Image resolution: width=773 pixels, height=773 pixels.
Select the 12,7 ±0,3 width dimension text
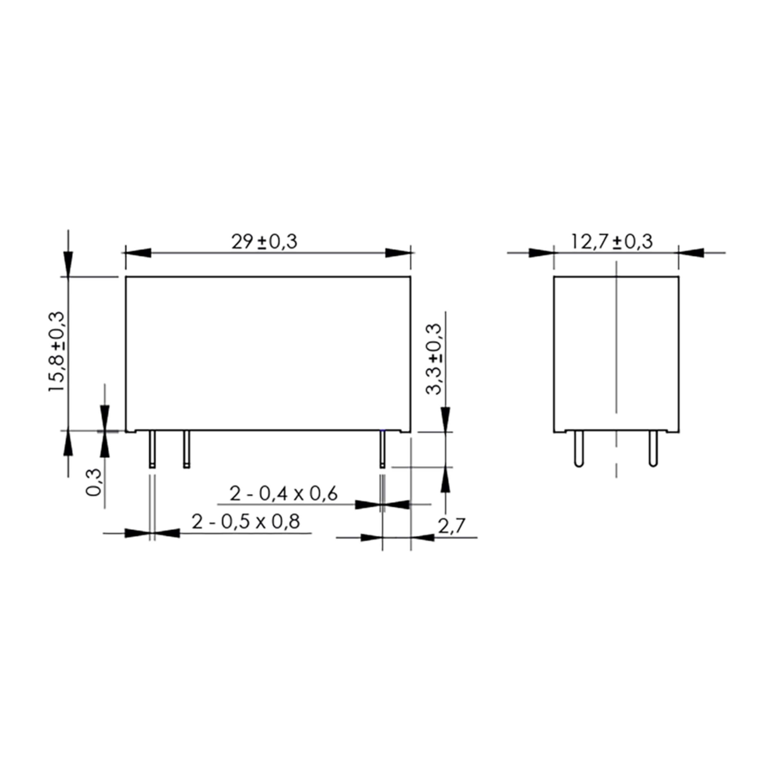[612, 242]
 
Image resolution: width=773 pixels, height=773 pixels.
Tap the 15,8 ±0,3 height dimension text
[56, 352]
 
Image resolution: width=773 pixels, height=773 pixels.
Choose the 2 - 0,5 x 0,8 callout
[246, 522]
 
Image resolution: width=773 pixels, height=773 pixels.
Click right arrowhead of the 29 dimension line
[398, 253]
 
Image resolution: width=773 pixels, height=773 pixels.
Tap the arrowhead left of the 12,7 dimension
[541, 253]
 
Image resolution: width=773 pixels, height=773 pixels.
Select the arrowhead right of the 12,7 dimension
[691, 253]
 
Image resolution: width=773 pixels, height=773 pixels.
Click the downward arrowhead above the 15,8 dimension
[68, 264]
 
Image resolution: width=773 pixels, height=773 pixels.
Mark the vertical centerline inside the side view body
[616, 340]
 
